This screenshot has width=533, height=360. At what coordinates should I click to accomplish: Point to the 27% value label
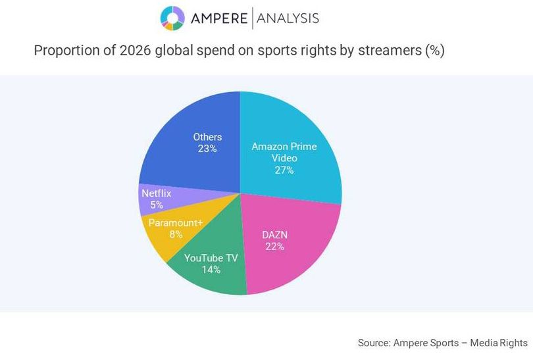pos(284,170)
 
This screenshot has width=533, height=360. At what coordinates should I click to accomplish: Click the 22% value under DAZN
pos(275,247)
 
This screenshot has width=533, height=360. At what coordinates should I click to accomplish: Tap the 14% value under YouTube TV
pos(211,270)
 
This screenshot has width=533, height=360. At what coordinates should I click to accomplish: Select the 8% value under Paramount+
pos(176,234)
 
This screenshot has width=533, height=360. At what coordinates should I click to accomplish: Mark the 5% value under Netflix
pos(156,205)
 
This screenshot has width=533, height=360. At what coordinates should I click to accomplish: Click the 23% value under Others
pos(207,149)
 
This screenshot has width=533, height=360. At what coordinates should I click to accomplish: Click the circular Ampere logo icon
pos(172,18)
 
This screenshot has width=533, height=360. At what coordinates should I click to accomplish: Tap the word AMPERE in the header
pos(218,18)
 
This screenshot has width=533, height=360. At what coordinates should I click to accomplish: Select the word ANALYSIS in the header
pos(288,18)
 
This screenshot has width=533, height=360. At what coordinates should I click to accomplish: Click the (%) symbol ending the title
pos(434,51)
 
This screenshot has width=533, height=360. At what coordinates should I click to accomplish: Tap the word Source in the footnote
pos(372,343)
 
